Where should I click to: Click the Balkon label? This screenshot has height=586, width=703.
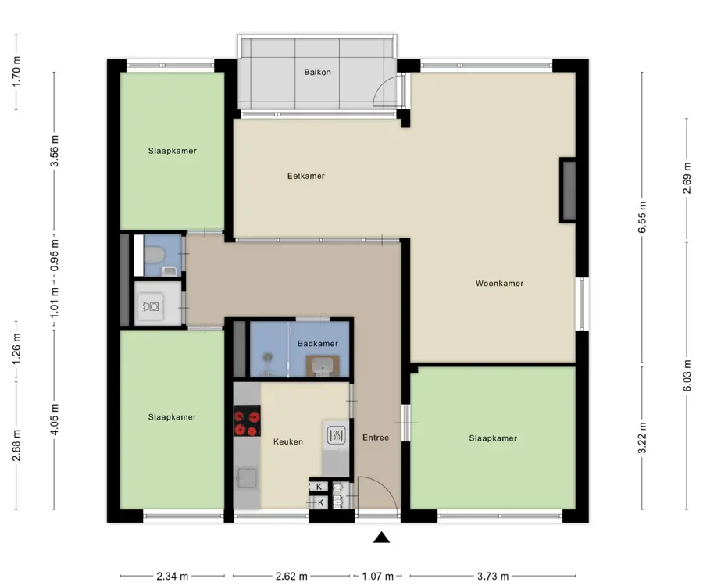tap(317, 72)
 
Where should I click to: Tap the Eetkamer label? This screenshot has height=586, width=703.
tap(306, 177)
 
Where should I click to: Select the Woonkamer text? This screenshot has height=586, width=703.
tap(499, 284)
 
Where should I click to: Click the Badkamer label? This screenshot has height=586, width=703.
tap(318, 344)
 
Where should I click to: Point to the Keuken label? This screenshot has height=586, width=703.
tap(288, 442)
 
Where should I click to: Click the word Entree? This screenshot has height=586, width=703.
tap(376, 438)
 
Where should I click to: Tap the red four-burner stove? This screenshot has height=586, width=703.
tap(247, 420)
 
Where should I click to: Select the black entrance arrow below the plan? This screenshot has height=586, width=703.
tap(381, 537)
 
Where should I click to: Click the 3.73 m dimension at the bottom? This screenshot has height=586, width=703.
tap(493, 576)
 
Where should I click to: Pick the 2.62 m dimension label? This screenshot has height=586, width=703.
tap(291, 576)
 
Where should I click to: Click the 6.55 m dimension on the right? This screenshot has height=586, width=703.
tap(643, 217)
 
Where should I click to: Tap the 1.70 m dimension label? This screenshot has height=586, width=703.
tap(16, 71)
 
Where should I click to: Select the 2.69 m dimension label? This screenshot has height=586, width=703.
tap(687, 178)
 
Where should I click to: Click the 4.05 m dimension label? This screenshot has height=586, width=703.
tap(54, 420)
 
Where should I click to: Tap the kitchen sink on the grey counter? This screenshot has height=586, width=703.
tap(247, 478)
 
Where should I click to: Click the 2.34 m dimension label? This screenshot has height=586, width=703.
tap(173, 576)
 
